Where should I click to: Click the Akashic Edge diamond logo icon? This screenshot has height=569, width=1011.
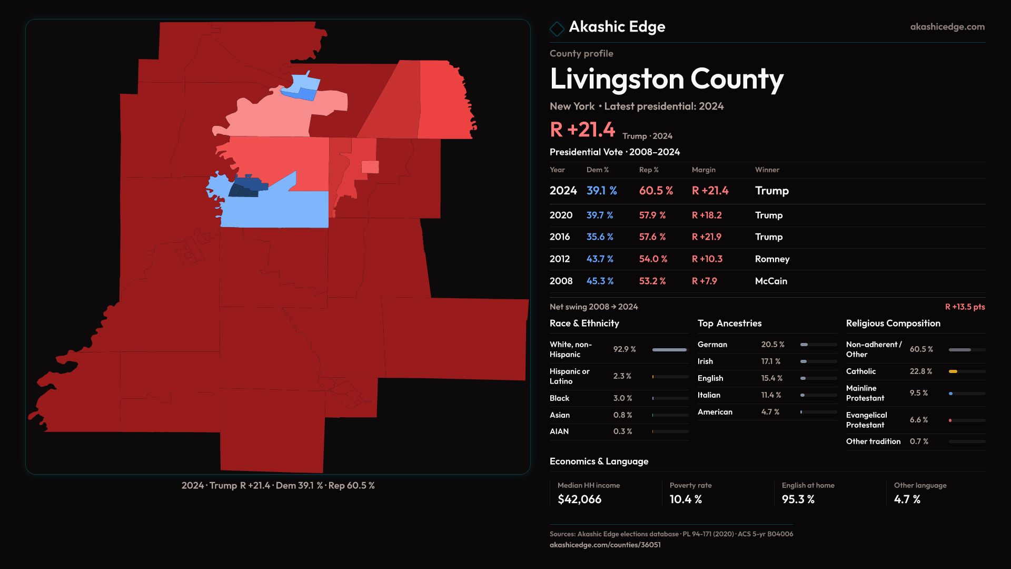coord(557,28)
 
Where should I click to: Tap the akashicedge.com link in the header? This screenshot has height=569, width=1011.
coord(947,27)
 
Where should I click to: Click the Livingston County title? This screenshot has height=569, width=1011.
coord(666,79)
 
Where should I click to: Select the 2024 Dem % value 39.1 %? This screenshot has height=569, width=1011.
coord(601,191)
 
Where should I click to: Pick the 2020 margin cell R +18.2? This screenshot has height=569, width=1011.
coord(707,215)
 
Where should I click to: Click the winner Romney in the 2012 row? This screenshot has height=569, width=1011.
coord(772,259)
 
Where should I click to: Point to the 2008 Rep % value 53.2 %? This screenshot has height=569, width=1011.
coord(652,281)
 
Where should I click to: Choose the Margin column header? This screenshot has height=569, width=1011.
coord(703,170)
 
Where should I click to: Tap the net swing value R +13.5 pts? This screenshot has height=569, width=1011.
coord(965,307)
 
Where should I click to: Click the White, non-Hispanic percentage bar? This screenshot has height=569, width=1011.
coord(670,350)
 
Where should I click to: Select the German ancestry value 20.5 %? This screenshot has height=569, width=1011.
coord(772,345)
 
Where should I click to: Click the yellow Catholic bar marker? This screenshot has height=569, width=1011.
coord(953,371)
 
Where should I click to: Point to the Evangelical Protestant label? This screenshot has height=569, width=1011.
coord(866,420)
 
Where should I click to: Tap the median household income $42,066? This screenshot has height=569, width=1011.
coord(579,499)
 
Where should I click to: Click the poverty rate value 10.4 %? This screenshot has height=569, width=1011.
coord(686,499)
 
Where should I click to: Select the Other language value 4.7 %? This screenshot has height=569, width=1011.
coord(907,499)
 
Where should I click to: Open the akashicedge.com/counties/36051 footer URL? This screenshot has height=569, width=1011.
coord(605,545)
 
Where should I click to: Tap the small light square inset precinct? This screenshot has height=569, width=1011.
coord(370,166)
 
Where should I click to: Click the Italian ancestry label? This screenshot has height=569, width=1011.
coord(709,395)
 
